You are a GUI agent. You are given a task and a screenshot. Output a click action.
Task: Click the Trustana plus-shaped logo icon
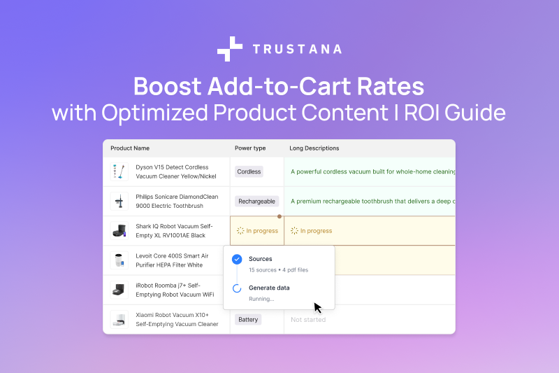point(230,49)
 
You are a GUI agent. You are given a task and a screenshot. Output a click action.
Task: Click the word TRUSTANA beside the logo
point(297,49)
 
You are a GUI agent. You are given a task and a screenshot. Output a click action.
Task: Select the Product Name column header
point(130,148)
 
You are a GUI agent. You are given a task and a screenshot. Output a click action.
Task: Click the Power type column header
point(250,148)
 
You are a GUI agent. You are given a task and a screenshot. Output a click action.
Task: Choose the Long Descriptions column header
point(314,148)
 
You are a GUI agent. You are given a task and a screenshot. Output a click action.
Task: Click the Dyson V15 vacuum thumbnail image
point(119,172)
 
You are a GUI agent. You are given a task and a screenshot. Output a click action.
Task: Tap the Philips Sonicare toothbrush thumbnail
point(119,202)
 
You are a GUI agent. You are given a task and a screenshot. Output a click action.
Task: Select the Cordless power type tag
point(249,171)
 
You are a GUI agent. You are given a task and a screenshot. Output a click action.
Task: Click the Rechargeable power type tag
point(256,202)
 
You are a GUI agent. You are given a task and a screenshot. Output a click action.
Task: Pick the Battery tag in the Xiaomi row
point(248,320)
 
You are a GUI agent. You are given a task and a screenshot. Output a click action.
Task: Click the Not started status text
point(308,320)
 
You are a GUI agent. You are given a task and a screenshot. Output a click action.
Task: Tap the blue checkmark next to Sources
point(236,259)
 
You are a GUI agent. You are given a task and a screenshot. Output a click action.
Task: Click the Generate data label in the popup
point(269,288)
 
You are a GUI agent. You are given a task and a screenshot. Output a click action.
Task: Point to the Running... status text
point(261,299)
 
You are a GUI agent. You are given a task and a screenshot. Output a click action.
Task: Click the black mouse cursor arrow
point(317,307)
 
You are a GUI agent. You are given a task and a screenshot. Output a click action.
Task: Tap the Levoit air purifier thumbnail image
point(119,260)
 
